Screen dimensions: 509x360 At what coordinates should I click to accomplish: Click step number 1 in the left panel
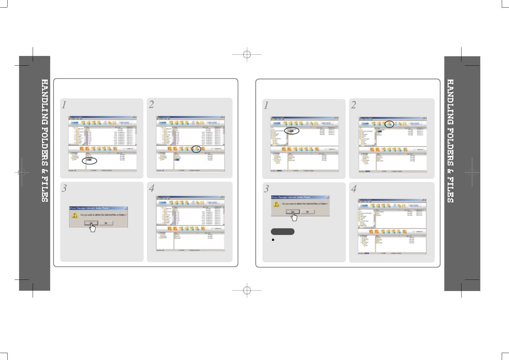pyautogui.click(x=64, y=105)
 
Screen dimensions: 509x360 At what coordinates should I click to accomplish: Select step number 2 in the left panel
pyautogui.click(x=151, y=104)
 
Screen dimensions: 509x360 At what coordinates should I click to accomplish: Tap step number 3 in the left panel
pyautogui.click(x=64, y=188)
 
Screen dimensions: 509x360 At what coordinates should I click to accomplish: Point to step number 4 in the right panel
pyautogui.click(x=354, y=189)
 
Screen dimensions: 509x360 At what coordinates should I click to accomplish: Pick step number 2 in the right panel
pyautogui.click(x=354, y=105)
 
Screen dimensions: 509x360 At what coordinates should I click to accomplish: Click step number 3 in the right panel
pyautogui.click(x=266, y=189)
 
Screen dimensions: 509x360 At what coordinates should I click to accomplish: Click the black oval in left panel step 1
pyautogui.click(x=89, y=161)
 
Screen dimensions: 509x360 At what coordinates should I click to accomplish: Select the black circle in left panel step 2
pyautogui.click(x=196, y=149)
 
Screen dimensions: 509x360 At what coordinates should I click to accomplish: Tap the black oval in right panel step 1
pyautogui.click(x=292, y=131)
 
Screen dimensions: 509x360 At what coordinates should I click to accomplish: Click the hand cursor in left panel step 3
pyautogui.click(x=92, y=227)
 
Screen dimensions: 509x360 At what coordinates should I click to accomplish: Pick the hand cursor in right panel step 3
pyautogui.click(x=294, y=217)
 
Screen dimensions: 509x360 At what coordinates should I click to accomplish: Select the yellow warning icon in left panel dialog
pyautogui.click(x=74, y=215)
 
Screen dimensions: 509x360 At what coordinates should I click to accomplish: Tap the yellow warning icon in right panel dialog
pyautogui.click(x=276, y=204)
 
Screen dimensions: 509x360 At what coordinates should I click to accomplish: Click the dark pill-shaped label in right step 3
pyautogui.click(x=283, y=232)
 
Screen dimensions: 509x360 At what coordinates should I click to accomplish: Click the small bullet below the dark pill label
pyautogui.click(x=273, y=240)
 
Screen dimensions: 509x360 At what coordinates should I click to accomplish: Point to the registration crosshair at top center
pyautogui.click(x=247, y=54)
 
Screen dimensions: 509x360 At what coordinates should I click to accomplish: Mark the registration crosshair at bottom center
pyautogui.click(x=247, y=290)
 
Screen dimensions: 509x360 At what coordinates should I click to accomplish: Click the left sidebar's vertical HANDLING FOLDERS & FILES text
pyautogui.click(x=45, y=141)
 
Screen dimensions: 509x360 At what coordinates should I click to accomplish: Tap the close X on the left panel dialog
pyautogui.click(x=126, y=208)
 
